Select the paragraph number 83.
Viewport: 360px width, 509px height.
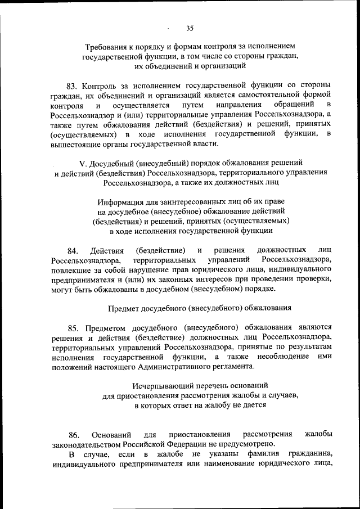pos(71,86)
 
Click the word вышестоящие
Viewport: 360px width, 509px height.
pos(73,144)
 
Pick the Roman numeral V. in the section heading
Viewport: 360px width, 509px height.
pos(82,163)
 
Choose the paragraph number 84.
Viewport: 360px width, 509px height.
pos(71,250)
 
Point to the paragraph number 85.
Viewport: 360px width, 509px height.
pos(73,328)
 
